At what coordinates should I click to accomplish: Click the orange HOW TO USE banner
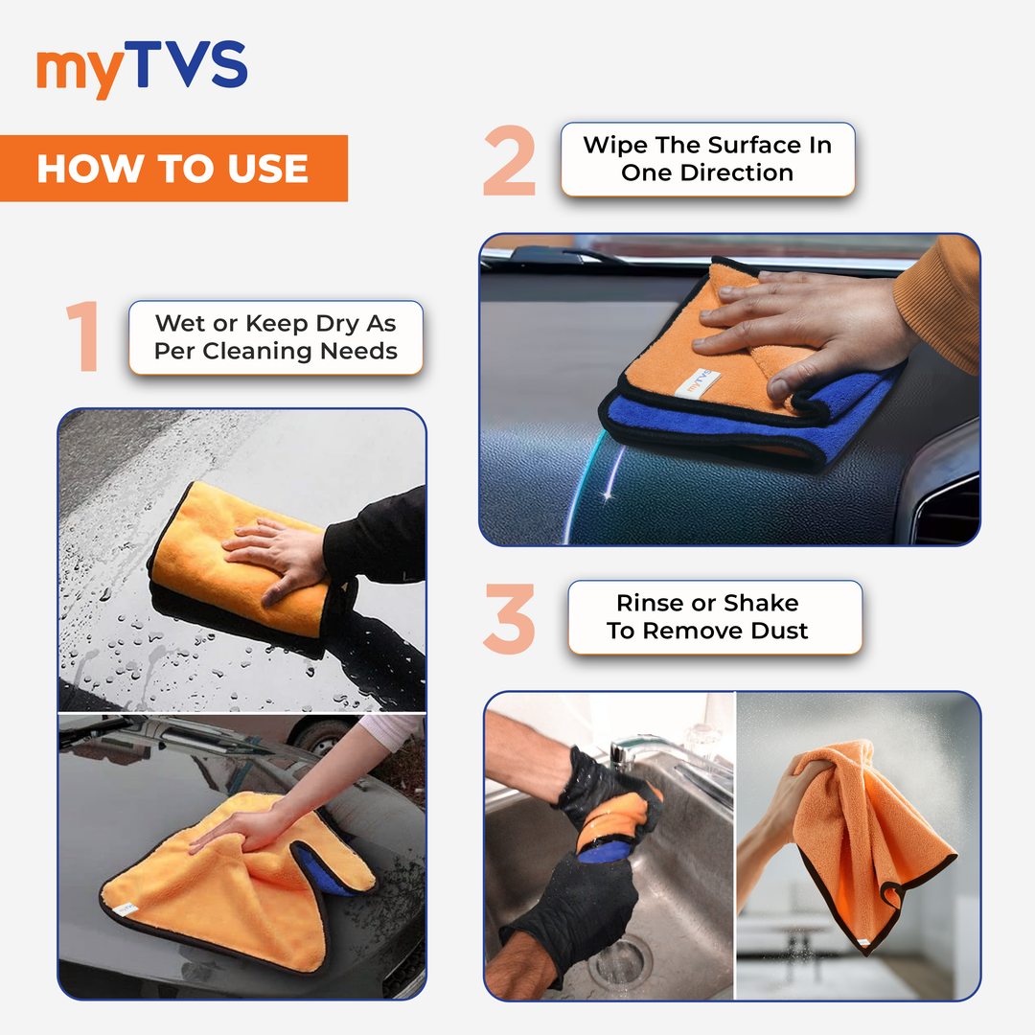pyautogui.click(x=172, y=169)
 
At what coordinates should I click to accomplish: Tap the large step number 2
pyautogui.click(x=509, y=161)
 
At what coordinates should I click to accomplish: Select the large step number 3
pyautogui.click(x=509, y=619)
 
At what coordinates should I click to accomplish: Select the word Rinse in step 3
pyautogui.click(x=651, y=604)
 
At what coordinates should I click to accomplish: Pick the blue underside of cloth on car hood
pyautogui.click(x=321, y=867)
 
